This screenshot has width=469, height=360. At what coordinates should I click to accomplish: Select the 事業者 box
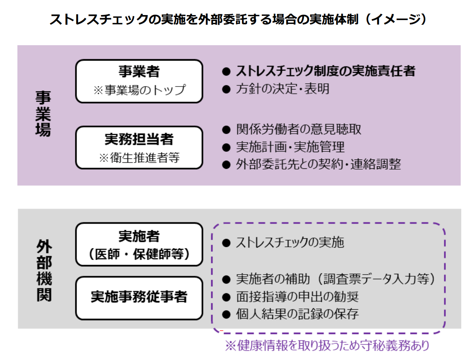click(139, 81)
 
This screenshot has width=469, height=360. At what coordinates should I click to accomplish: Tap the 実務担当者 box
click(139, 148)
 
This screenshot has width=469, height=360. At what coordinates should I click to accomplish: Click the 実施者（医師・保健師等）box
click(139, 244)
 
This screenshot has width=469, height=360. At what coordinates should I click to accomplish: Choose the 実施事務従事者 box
click(139, 297)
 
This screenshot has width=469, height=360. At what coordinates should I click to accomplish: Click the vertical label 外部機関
click(44, 271)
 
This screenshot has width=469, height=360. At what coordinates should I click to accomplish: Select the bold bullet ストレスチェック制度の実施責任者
click(325, 71)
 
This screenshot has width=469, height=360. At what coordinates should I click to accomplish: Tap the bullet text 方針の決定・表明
click(282, 89)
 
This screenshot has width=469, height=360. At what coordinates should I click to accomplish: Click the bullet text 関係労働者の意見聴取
click(298, 129)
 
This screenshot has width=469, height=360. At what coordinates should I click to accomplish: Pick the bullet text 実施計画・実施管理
click(290, 147)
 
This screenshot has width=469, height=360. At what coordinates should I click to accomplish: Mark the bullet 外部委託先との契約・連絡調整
click(318, 165)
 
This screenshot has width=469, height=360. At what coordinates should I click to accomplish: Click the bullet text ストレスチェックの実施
click(290, 243)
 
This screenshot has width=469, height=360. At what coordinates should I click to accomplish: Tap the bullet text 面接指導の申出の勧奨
click(297, 296)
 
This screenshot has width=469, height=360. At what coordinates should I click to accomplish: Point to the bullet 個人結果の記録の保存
click(297, 314)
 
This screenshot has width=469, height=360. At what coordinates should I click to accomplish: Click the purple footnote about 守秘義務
click(327, 345)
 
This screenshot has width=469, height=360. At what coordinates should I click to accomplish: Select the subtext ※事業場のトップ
click(139, 90)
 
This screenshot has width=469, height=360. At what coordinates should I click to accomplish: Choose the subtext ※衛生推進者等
click(139, 158)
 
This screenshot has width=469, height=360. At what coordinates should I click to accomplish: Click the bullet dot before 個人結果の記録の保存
click(226, 314)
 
